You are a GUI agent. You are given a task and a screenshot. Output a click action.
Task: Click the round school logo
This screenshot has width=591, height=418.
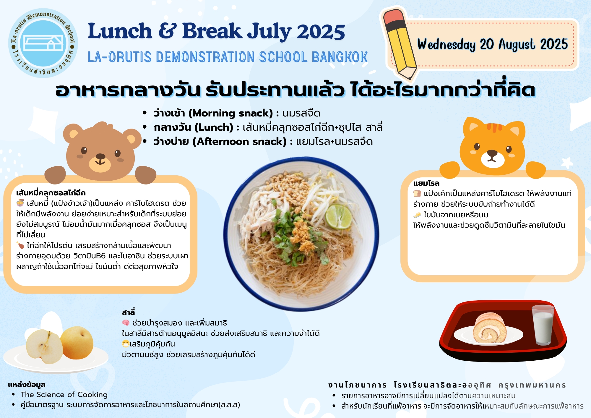[x=43, y=43]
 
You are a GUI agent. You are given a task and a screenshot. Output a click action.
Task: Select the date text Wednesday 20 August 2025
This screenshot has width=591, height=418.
[x=492, y=45]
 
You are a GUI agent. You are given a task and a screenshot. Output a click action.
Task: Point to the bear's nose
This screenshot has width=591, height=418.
[x=100, y=156]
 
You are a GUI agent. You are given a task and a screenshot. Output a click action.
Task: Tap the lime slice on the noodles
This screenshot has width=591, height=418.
[x=339, y=217]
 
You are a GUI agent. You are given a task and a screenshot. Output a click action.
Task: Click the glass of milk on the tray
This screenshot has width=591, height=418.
[x=543, y=325]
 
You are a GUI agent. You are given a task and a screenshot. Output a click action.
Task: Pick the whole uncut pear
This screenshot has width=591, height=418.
[x=77, y=343]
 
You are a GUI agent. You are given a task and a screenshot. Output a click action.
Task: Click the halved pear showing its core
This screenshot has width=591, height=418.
[x=44, y=346]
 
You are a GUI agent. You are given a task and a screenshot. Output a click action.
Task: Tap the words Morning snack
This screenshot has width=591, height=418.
[x=230, y=113]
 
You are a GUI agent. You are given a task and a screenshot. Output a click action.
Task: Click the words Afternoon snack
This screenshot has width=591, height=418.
[x=239, y=142]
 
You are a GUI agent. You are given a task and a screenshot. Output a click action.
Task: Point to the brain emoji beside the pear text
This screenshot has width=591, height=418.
[x=126, y=323]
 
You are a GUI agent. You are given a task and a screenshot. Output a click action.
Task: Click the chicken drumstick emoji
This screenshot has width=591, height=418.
[x=20, y=245]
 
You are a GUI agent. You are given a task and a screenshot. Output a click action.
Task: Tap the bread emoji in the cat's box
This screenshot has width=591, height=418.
[x=417, y=194]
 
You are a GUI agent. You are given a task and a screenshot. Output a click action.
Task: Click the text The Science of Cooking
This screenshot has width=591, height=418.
[x=64, y=395]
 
